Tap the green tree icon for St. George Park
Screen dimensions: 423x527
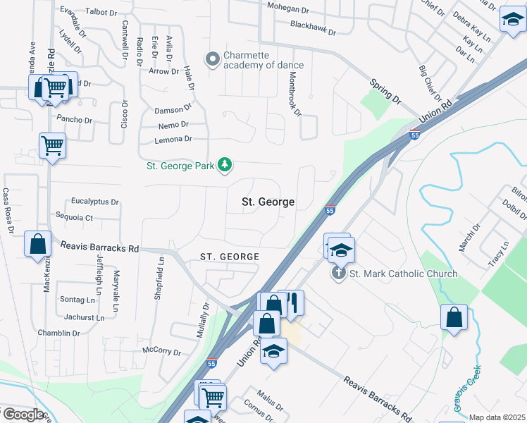pyautogui.click(x=225, y=165)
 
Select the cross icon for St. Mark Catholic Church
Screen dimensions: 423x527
pyautogui.click(x=338, y=274)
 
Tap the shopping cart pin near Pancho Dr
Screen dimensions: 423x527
pyautogui.click(x=53, y=146)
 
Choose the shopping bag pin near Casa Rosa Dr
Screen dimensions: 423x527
pyautogui.click(x=38, y=245)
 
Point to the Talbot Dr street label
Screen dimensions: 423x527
pyautogui.click(x=100, y=12)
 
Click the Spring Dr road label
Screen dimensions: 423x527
pyautogui.click(x=385, y=92)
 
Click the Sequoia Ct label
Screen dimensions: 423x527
pyautogui.click(x=78, y=219)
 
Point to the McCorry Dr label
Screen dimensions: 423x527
pyautogui.click(x=161, y=351)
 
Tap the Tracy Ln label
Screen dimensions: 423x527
pyautogui.click(x=501, y=255)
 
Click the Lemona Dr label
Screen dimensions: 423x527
pyautogui.click(x=173, y=140)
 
